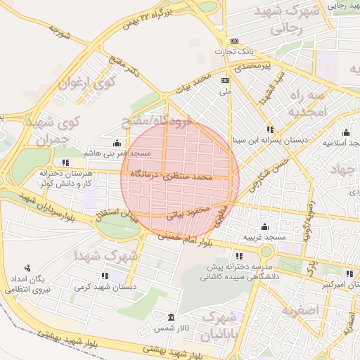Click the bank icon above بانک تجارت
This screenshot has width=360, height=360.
tap(234, 41)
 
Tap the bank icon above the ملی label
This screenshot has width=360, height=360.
tap(224, 81)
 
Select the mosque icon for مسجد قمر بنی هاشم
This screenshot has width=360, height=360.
tap(116, 143)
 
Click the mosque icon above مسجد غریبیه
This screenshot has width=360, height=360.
tap(264, 226)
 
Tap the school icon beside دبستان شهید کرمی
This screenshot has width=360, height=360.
tap(105, 276)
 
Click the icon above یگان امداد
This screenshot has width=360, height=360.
tap(27, 268)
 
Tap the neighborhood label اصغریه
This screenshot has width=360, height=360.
tap(299, 310)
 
